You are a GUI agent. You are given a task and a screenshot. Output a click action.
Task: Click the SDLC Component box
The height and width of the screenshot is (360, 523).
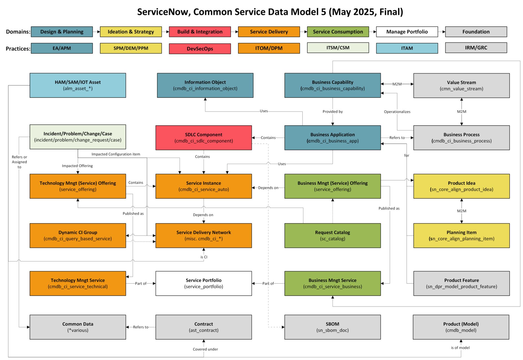click(x=204, y=137)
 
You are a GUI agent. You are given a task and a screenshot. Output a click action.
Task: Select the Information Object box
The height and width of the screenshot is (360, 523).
click(x=205, y=85)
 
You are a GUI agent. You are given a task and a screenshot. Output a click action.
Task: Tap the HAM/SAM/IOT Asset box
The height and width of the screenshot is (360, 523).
click(x=78, y=85)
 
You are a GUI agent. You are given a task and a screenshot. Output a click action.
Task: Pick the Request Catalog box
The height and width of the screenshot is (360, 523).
click(x=332, y=235)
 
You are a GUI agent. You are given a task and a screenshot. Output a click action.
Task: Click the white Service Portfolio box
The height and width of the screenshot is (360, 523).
click(x=204, y=283)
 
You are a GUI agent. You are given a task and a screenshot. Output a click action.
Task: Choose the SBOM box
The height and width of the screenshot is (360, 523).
click(x=332, y=327)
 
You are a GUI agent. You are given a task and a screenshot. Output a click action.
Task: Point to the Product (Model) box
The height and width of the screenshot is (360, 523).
click(x=461, y=327)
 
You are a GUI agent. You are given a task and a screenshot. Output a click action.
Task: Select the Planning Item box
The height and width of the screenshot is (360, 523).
click(x=461, y=235)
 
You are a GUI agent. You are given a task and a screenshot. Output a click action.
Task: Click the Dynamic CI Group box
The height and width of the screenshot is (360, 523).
click(x=78, y=235)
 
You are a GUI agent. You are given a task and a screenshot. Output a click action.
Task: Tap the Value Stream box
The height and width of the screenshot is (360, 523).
click(x=461, y=85)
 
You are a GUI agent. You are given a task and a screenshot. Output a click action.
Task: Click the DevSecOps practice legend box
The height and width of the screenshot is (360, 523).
click(x=200, y=49)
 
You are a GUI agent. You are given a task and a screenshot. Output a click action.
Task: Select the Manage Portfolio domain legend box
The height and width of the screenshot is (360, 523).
click(x=407, y=32)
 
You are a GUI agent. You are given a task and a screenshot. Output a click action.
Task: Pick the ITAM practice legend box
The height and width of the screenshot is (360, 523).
click(x=407, y=48)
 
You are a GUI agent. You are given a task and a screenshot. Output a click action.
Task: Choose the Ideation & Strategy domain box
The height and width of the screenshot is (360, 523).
click(x=131, y=32)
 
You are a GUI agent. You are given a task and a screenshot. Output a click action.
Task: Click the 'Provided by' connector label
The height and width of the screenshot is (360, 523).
click(x=332, y=112)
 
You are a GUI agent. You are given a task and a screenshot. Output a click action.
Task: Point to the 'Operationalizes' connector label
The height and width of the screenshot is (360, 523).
click(x=397, y=112)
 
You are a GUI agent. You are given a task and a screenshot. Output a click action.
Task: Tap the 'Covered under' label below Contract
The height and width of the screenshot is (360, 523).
click(x=205, y=349)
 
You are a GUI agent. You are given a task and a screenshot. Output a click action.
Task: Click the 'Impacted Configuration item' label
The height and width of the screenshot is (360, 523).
click(x=116, y=154)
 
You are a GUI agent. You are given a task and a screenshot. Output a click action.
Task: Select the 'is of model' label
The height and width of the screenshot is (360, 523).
click(x=460, y=347)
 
